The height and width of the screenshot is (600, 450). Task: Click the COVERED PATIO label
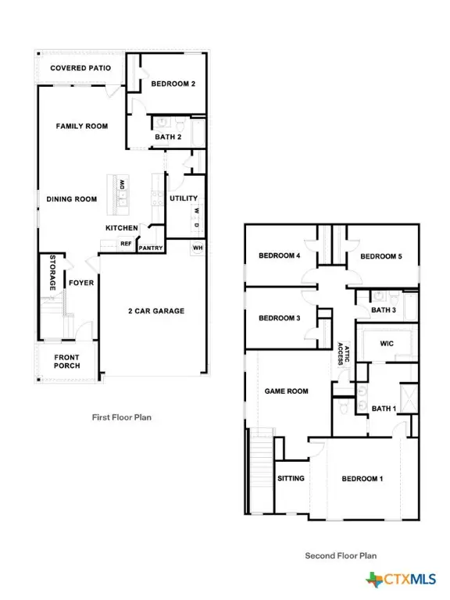pos(80,68)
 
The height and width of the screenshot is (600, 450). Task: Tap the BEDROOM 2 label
pos(173,84)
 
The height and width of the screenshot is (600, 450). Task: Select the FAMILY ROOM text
pos(81,126)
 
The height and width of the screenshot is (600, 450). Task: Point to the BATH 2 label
pos(168,137)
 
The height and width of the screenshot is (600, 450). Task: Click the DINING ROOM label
pos(72,199)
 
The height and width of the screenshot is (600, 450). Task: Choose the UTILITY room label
pos(184,198)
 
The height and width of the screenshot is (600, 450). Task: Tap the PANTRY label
pos(150,248)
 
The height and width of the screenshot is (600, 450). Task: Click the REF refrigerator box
pos(125,244)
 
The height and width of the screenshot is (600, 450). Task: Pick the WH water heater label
pos(197,248)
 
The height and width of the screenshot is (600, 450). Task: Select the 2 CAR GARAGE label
pos(156,311)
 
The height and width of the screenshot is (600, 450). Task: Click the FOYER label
pos(81,284)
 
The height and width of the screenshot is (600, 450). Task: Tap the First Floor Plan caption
pos(122,417)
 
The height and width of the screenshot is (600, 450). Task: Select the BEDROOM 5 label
pos(380,256)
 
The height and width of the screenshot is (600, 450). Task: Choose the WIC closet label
pos(387,343)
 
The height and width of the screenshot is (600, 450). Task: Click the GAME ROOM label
pos(286,391)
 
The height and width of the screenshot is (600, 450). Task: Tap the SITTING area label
pos(291,478)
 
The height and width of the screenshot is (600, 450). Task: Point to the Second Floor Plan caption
pos(341,556)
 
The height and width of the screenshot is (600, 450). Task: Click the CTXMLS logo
pos(401,580)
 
